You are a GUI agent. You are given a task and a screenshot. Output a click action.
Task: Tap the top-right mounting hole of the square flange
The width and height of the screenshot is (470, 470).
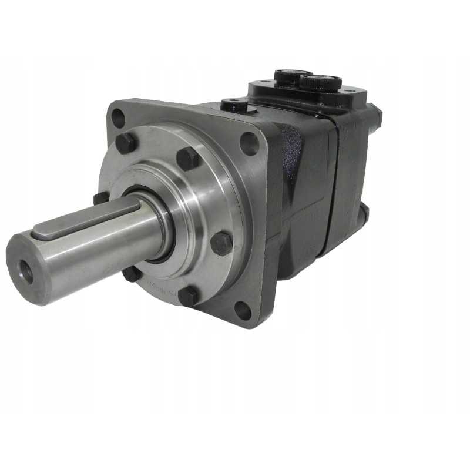pyautogui.click(x=249, y=143)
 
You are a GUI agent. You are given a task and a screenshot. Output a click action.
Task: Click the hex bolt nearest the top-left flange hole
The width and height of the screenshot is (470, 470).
pyautogui.click(x=127, y=143)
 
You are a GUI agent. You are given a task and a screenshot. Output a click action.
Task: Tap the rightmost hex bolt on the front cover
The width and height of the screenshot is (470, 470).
pyautogui.click(x=221, y=243)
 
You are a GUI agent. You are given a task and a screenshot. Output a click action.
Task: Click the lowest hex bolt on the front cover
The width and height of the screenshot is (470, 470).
pyautogui.click(x=188, y=296)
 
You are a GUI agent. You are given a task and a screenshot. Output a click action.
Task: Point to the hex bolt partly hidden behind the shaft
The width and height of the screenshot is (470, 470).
pyautogui.click(x=101, y=198)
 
